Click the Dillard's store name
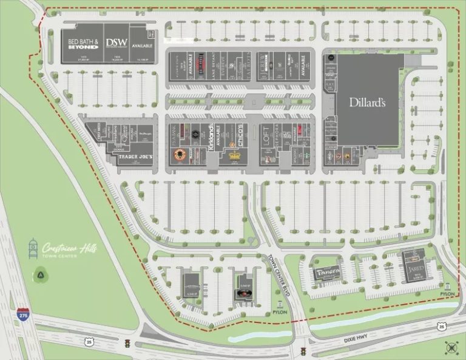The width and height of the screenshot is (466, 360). (367, 103)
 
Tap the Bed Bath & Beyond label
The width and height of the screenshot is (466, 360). (83, 44)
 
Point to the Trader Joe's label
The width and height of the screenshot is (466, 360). (135, 157)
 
